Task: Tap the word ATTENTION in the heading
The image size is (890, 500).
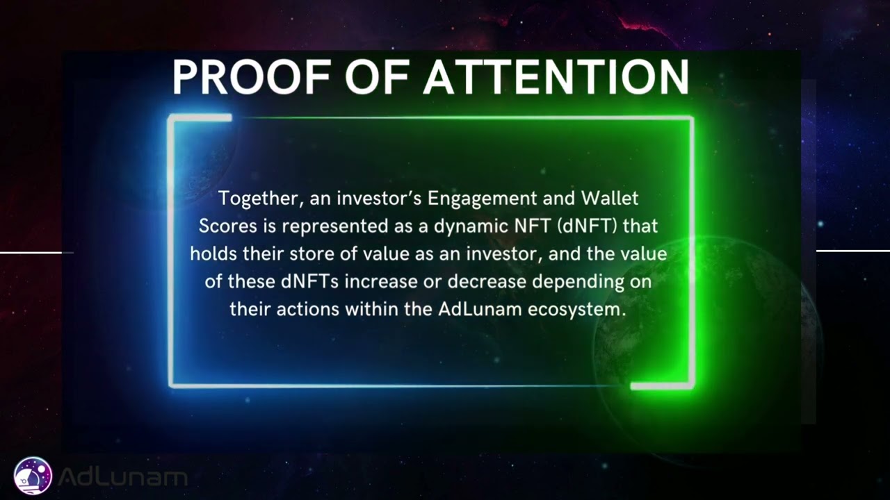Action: (556, 77)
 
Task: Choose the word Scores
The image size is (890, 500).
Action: (227, 226)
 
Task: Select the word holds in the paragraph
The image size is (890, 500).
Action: (213, 254)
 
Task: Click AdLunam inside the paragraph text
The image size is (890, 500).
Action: (480, 310)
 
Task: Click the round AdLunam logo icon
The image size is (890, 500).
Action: (33, 476)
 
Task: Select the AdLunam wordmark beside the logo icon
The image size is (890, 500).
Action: (122, 477)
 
